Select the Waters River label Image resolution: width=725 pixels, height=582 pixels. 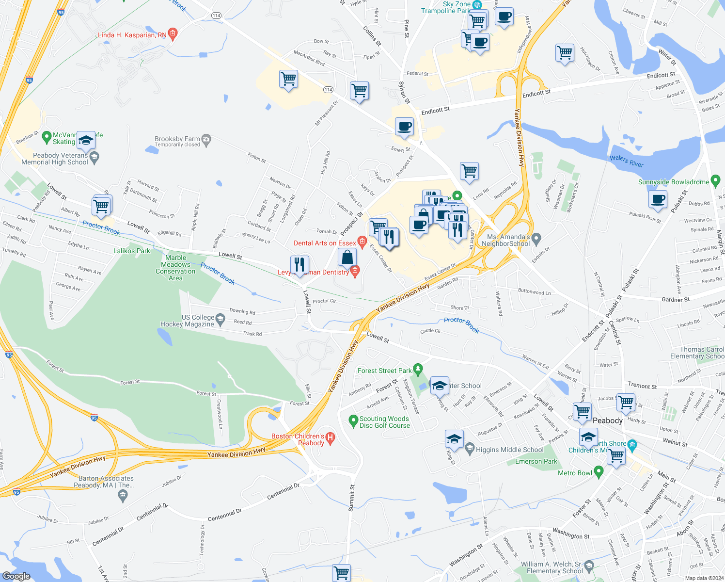(626, 161)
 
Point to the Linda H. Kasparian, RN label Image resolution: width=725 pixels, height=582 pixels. (132, 35)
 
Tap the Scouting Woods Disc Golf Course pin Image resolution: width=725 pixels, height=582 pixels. (354, 421)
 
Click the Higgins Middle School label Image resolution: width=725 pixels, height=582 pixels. (509, 450)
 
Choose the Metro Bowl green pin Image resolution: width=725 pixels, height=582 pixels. (599, 471)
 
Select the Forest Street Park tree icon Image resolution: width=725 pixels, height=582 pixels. (418, 370)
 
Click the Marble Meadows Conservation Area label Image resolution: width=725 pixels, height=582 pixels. (175, 268)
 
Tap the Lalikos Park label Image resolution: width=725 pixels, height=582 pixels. (132, 251)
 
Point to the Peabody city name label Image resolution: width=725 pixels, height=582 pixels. (607, 420)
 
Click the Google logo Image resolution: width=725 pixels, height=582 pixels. (16, 576)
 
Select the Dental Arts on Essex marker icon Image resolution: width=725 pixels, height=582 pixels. (362, 242)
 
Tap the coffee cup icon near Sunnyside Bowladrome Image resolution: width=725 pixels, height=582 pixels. (658, 199)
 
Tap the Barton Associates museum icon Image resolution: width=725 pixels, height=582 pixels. (123, 495)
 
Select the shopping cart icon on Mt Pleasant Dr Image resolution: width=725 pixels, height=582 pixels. (288, 79)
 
